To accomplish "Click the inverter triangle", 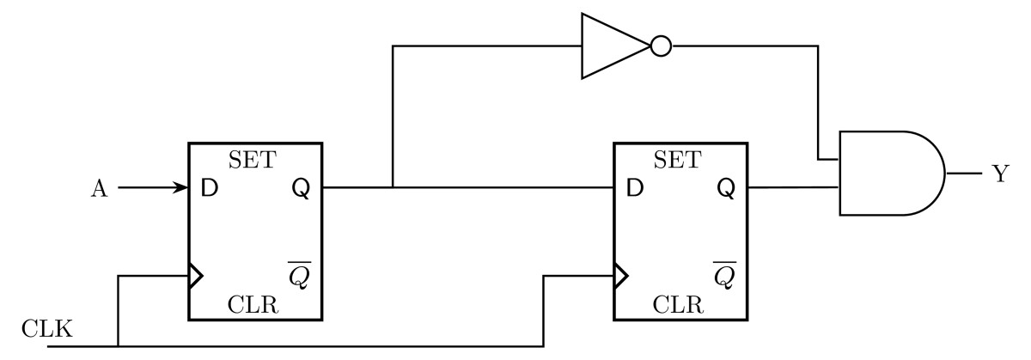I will coord(610,46).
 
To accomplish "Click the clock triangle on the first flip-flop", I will coord(196,276).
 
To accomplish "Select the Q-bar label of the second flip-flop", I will coord(726,275).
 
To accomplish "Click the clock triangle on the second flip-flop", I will coord(621,276).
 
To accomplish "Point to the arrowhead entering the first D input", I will coord(182,187).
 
